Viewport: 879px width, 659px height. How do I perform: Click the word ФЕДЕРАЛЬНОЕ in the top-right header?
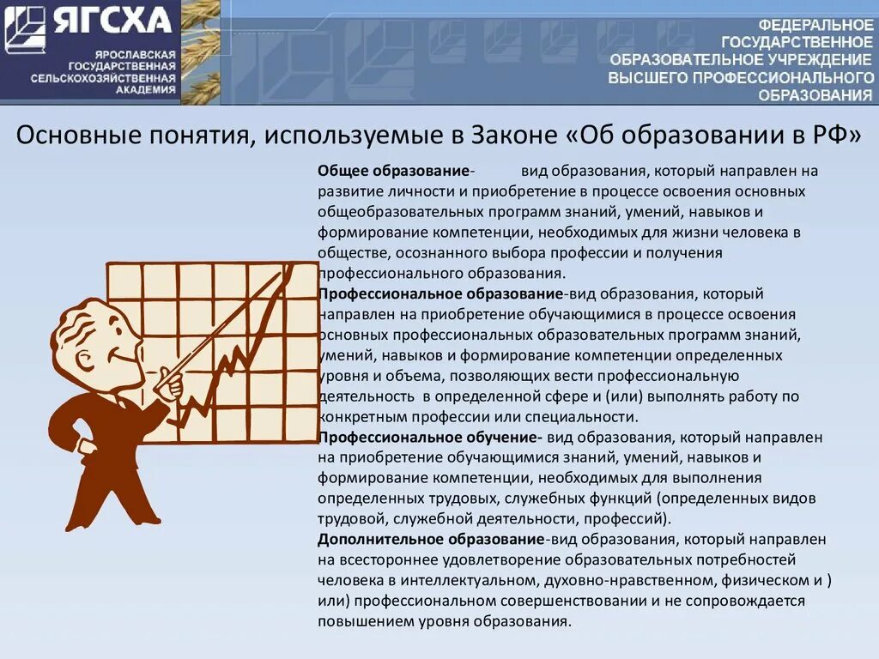pos(816,25)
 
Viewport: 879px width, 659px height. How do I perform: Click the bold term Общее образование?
pos(392,170)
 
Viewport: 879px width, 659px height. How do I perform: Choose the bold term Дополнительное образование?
pos(430,540)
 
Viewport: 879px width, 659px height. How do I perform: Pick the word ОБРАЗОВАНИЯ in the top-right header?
pos(816,95)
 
